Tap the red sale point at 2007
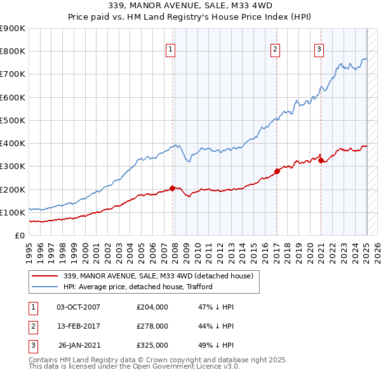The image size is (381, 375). coord(172,188)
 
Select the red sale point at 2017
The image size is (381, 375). coord(277,171)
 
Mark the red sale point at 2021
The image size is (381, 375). coord(321,160)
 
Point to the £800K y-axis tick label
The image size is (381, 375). coord(12,51)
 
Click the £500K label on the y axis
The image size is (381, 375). coord(12,120)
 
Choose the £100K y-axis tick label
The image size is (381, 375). coord(12,212)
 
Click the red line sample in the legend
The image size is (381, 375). coord(44,276)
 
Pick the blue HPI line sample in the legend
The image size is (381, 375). coord(44,287)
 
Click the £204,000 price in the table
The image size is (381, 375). coord(152,307)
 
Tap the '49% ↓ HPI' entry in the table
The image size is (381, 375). coord(217,345)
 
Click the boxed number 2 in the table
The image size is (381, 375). coord(32,326)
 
